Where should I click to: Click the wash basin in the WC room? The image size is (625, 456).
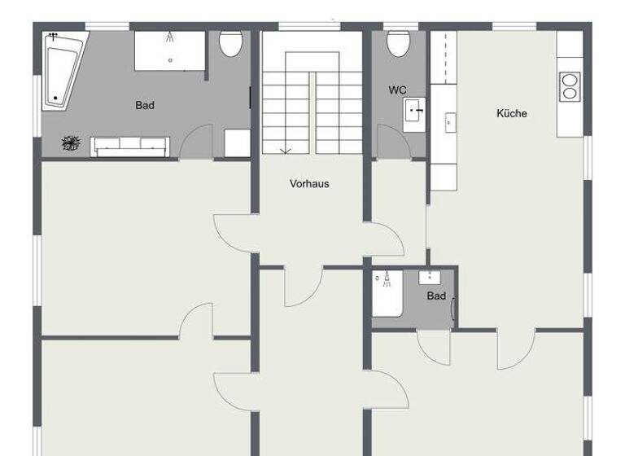[416, 109]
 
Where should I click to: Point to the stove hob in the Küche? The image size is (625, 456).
[569, 86]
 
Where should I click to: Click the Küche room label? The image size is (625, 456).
[512, 113]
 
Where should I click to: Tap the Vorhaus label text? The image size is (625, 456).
[309, 184]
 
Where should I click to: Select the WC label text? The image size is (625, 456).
[398, 90]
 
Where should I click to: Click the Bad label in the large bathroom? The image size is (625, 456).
[145, 105]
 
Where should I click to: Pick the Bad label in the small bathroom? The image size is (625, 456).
[436, 296]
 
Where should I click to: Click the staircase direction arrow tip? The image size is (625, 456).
[286, 151]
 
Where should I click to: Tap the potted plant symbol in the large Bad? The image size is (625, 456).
[71, 145]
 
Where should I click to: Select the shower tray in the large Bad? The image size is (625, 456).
[169, 50]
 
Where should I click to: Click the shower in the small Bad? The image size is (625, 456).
[387, 294]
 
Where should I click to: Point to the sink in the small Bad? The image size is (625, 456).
[429, 278]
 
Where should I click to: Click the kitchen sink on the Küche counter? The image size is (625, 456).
[448, 123]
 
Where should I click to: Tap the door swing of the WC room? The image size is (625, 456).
[389, 145]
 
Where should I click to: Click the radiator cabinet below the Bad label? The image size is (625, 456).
[129, 146]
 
